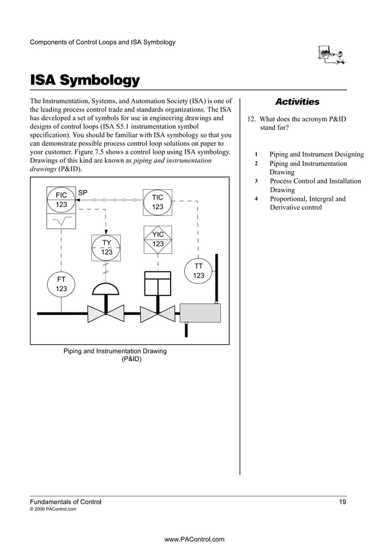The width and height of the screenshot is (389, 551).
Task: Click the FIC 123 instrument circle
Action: (61, 200)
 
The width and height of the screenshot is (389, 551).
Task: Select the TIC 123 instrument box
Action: (157, 202)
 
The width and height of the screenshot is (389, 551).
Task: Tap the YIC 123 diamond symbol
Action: (158, 240)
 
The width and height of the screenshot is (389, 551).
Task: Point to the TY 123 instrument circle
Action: (106, 247)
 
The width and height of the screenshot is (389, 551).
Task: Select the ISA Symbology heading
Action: (85, 81)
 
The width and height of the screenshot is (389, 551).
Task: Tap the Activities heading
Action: (297, 102)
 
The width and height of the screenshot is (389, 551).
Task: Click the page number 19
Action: (343, 502)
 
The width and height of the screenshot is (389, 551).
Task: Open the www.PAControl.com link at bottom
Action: (194, 539)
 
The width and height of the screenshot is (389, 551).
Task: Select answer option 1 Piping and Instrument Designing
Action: (316, 154)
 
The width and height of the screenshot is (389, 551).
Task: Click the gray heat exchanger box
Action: (199, 312)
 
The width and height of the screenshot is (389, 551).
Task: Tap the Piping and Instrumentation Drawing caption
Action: (115, 355)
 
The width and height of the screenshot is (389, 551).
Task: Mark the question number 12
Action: (252, 119)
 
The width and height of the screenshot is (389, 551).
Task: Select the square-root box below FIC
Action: (61, 221)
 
